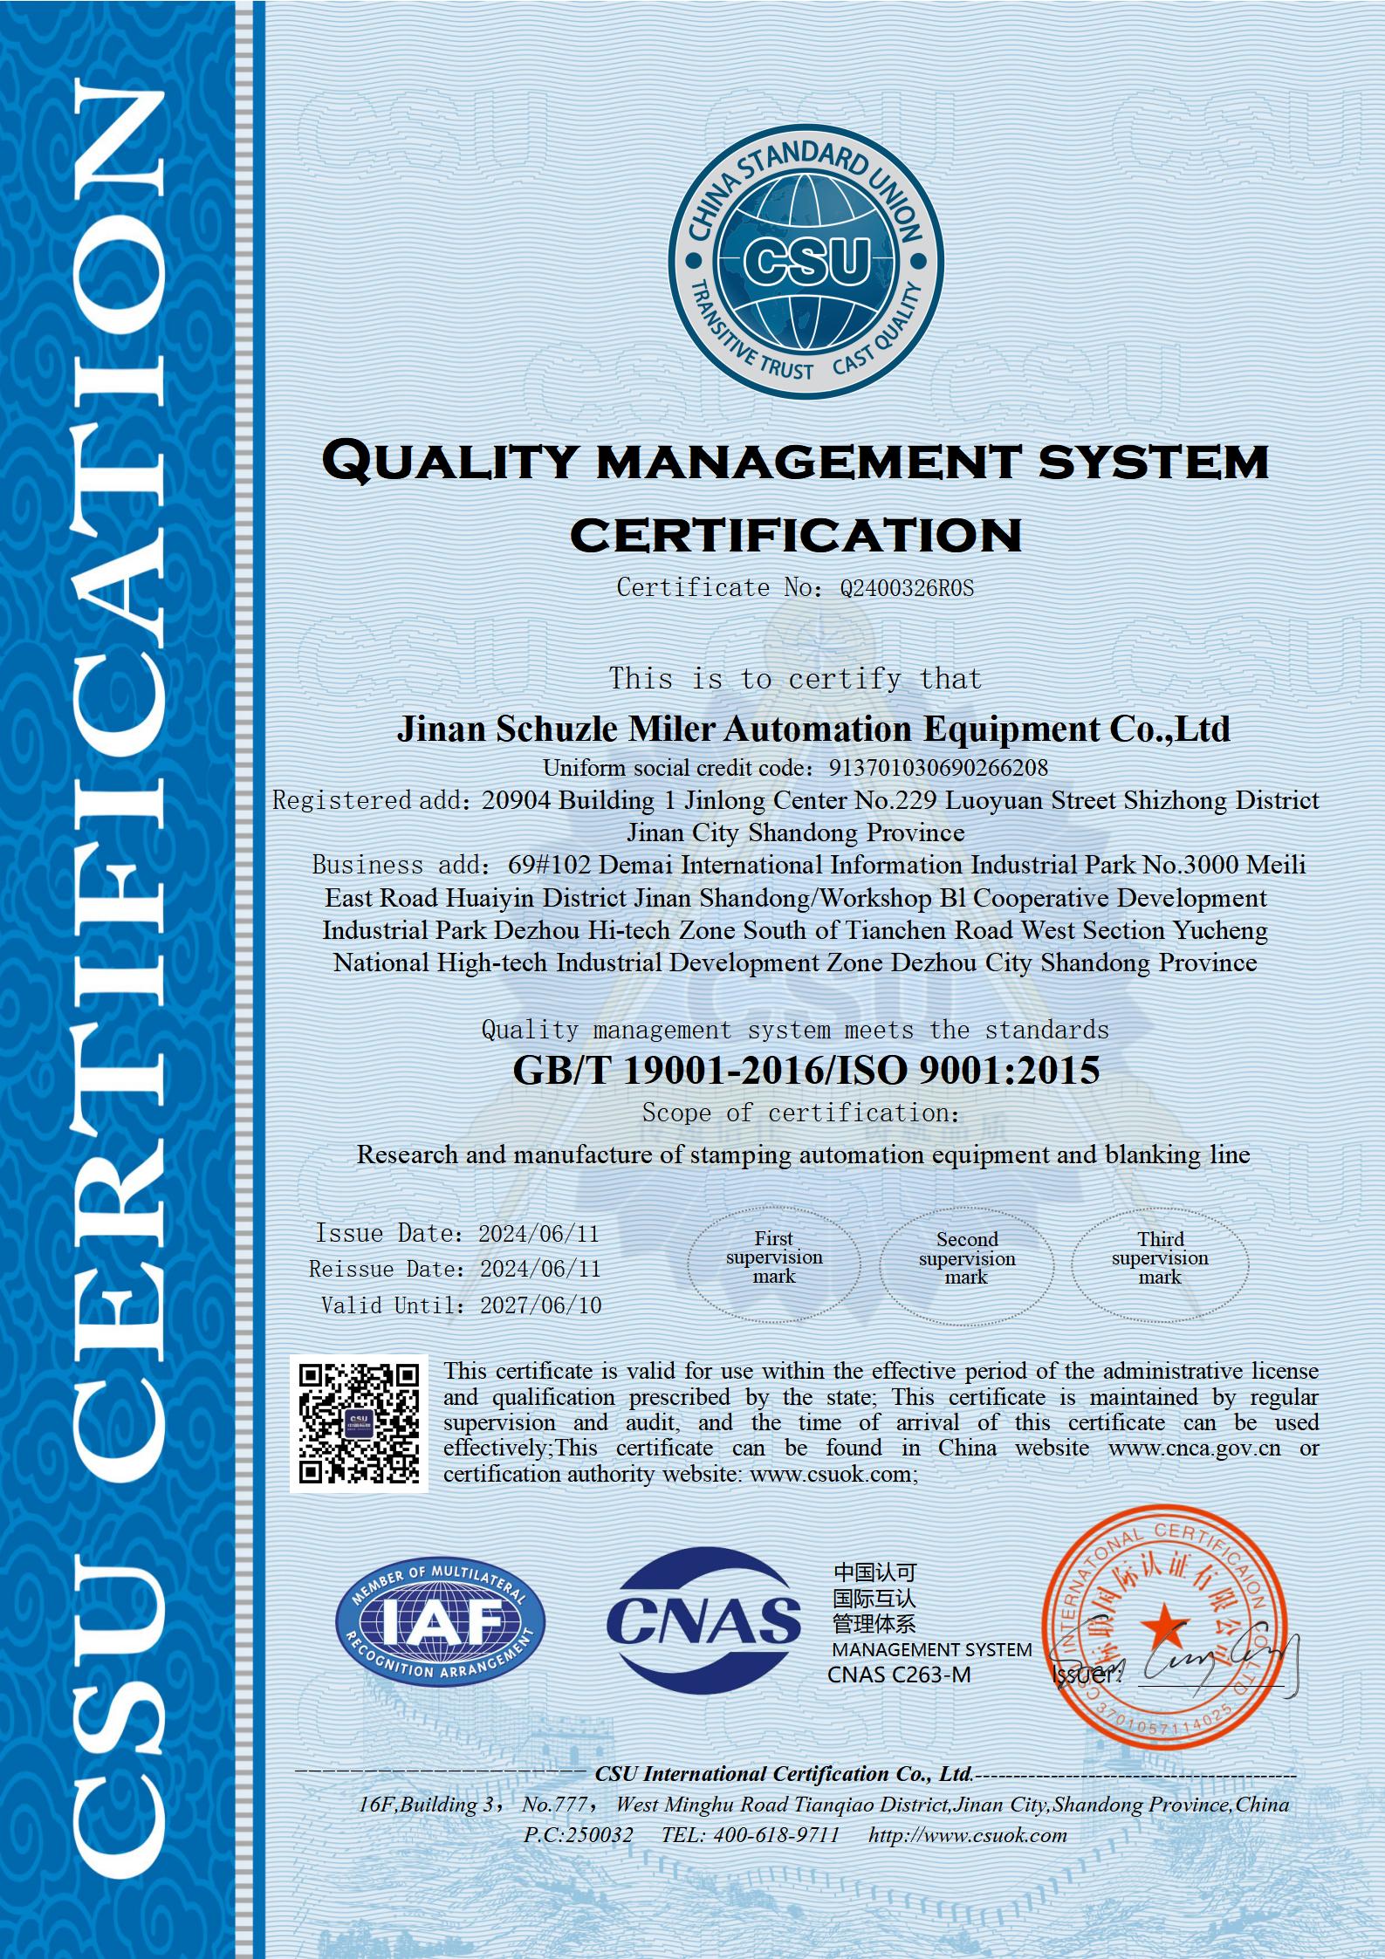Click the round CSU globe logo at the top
click(805, 261)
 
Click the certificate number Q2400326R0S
click(906, 588)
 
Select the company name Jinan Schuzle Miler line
click(813, 728)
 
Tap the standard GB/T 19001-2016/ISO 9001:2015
click(806, 1071)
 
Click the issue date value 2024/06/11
click(538, 1234)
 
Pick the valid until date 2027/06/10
click(540, 1305)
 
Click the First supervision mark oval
click(774, 1258)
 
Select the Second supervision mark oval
click(967, 1259)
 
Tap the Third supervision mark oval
click(1160, 1259)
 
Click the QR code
click(359, 1424)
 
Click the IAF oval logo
click(440, 1621)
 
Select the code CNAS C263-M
click(899, 1675)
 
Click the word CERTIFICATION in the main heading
click(795, 534)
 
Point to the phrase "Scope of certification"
click(800, 1113)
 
